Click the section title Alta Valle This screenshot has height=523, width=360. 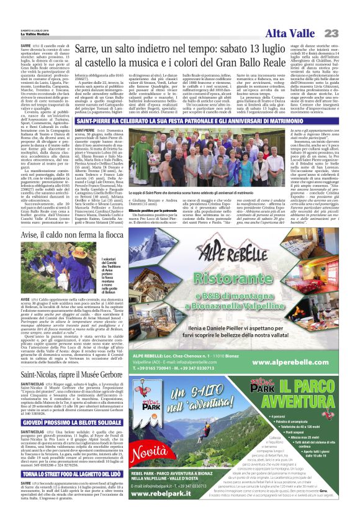pyautogui.click(x=292, y=33)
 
